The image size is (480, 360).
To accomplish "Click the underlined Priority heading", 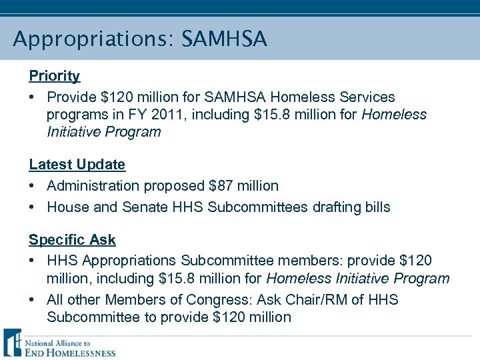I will [54, 76].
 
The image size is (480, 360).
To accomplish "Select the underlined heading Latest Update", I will [77, 164].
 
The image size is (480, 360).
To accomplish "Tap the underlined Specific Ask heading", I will [72, 239].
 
